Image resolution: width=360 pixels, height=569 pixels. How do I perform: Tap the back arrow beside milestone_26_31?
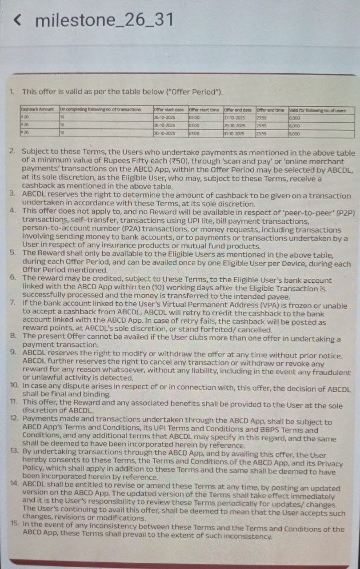coord(17,20)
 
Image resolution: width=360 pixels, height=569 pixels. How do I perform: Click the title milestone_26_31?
coord(104,20)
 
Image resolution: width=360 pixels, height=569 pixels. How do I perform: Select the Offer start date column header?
coord(168,110)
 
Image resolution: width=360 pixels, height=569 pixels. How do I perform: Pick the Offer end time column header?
coord(270,110)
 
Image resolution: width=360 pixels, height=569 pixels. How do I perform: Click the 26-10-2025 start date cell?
coord(164,118)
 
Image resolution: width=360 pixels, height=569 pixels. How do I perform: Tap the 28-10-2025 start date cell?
coord(164,125)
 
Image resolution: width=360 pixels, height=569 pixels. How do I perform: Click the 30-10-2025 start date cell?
coord(164,133)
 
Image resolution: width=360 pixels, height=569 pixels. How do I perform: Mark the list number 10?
coord(13,387)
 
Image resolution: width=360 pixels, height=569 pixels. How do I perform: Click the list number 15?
coord(14,524)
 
